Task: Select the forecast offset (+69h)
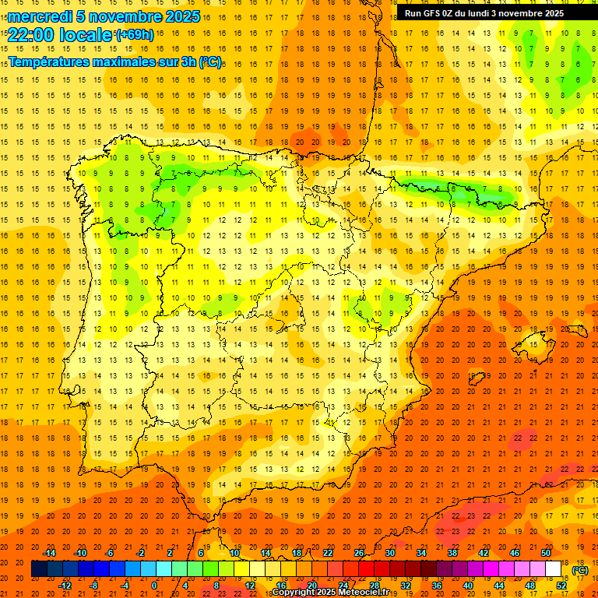pos(135,35)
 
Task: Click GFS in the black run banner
pos(435,13)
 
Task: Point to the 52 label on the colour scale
pos(561,585)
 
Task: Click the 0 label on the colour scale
pos(154,585)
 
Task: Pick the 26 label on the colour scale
pos(359,553)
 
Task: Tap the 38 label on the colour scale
pos(452,553)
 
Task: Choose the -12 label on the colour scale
pos(65,585)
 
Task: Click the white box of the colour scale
pos(554,569)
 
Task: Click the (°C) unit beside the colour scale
pos(580,569)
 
